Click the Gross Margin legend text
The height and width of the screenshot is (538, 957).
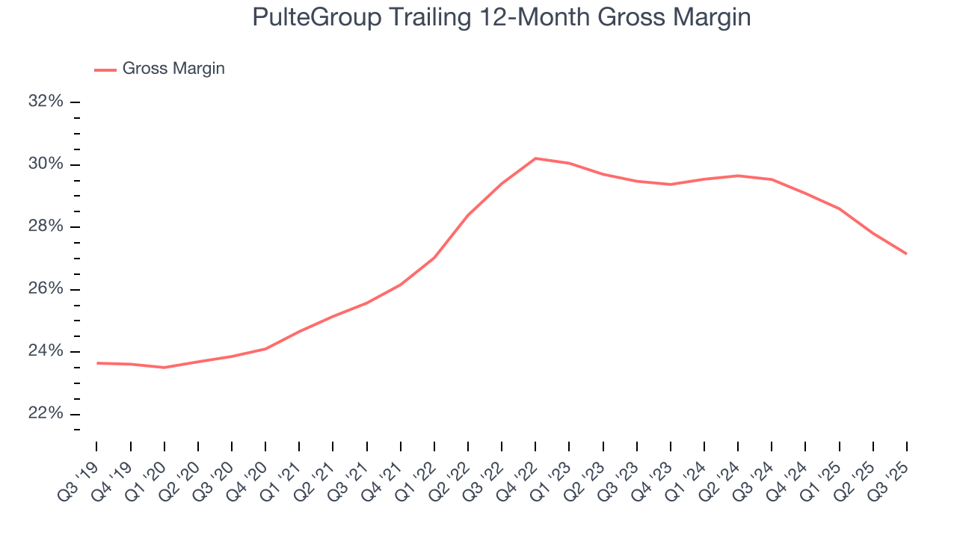173,69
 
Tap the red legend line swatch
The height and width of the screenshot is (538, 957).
105,69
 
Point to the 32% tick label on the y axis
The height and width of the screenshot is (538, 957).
46,101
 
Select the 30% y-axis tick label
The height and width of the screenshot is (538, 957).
46,164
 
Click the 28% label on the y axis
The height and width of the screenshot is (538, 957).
46,226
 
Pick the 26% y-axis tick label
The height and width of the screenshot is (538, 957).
46,289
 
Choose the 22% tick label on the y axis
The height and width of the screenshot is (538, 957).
46,414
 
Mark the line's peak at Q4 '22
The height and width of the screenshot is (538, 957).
535,158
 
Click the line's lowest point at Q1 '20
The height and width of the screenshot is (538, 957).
164,368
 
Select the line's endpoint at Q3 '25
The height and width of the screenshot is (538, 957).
906,254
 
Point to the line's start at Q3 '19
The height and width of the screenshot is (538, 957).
97,363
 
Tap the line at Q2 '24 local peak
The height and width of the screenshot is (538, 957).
738,176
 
